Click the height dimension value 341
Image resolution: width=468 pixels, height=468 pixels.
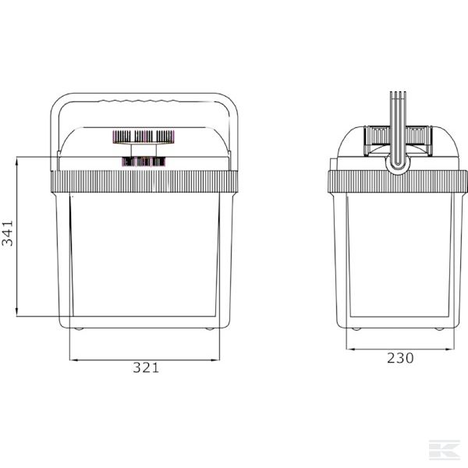(9, 233)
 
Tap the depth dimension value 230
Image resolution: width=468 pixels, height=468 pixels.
(399, 359)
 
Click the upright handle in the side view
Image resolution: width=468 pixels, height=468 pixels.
(399, 125)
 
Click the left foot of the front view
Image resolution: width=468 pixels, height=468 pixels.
(77, 330)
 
